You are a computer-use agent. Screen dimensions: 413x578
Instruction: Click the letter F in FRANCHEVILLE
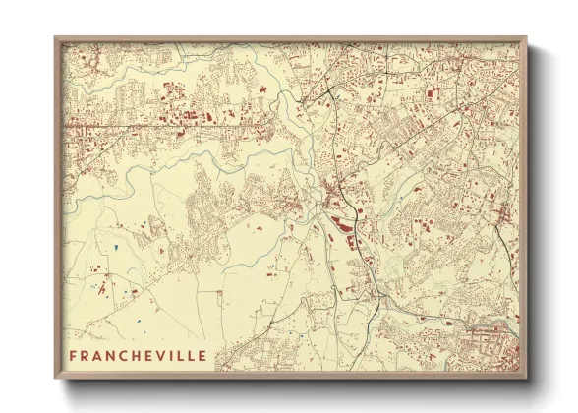[74, 355]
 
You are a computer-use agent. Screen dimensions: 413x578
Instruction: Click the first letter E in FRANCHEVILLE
[146, 355]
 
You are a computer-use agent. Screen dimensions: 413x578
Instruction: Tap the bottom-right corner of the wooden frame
[526, 378]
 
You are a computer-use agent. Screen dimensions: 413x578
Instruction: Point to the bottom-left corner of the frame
[56, 378]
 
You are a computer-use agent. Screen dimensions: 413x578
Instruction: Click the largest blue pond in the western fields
[115, 247]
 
